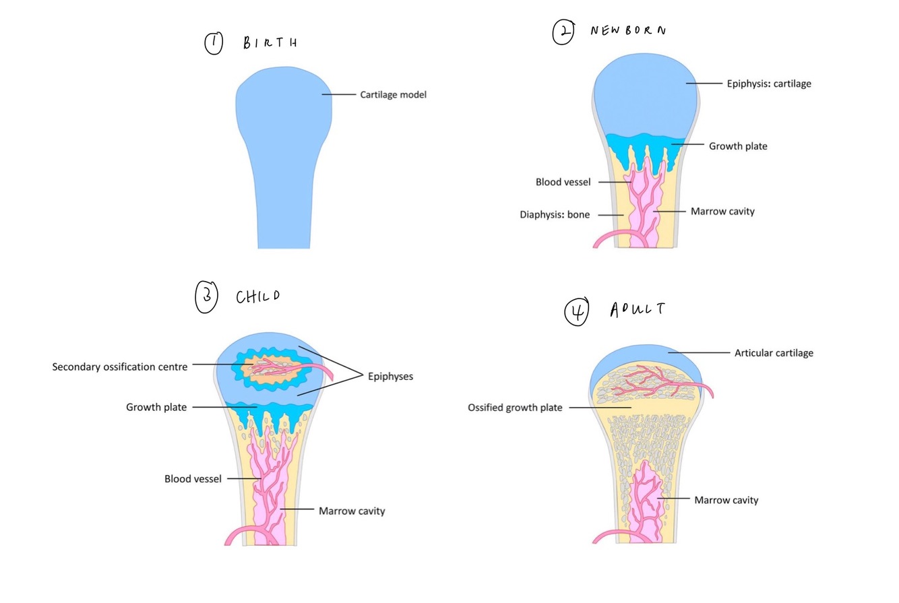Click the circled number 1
pos(214,44)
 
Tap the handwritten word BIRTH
pos(270,44)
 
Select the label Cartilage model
pos(393,95)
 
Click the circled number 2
pos(563,32)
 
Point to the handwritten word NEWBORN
pos(628,31)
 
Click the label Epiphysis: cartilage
pos(768,84)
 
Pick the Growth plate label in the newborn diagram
pos(737,146)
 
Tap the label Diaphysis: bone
pos(555,215)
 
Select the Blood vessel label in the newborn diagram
pos(563,182)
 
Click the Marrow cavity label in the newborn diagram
pos(722,212)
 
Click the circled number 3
pos(206,298)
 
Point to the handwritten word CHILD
pos(257,296)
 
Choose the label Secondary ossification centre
pos(119,367)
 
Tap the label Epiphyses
pos(390,377)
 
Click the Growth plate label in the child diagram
pos(156,407)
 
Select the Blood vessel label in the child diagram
pos(193,479)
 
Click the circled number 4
pos(576,311)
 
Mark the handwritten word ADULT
pos(637,309)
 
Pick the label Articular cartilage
pos(774,353)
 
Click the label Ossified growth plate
pos(515,408)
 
